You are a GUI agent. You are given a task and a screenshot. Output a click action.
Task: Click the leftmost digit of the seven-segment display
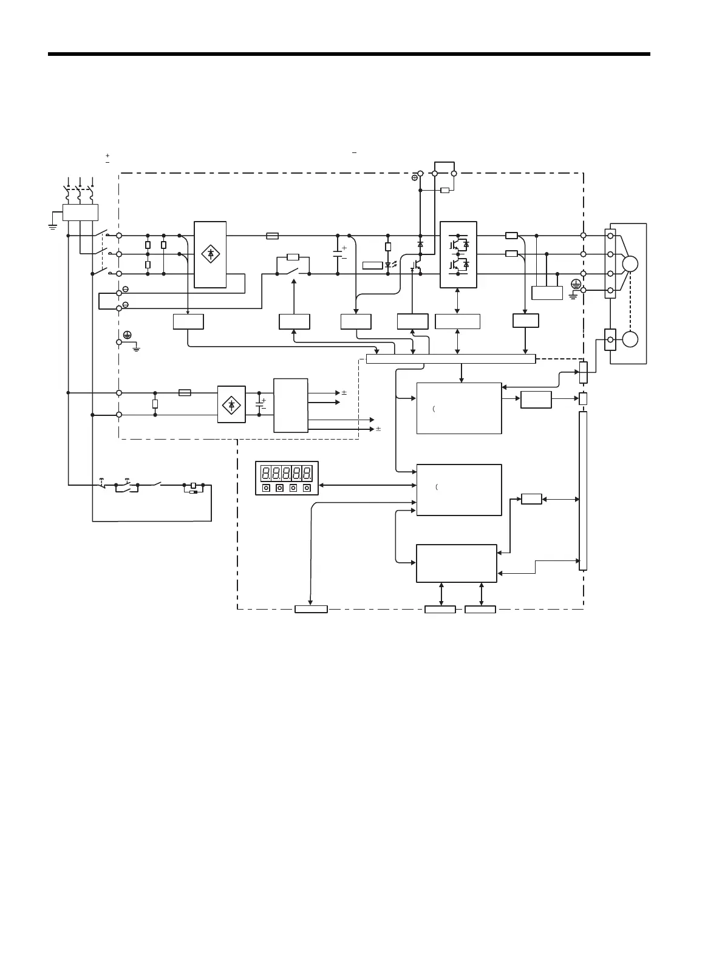(x=265, y=473)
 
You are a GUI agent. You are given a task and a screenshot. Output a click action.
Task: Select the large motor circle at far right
(x=630, y=264)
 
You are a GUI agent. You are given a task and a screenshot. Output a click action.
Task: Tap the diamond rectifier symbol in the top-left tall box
(x=210, y=254)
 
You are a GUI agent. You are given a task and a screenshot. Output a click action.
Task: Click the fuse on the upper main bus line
(x=273, y=235)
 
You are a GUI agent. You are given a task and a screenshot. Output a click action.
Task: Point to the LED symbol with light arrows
(x=389, y=265)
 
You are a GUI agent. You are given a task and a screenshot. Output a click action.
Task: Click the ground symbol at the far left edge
(x=53, y=226)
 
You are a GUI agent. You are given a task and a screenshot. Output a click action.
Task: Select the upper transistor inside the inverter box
(x=454, y=245)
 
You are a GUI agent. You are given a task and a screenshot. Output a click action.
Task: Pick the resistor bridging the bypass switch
(x=292, y=257)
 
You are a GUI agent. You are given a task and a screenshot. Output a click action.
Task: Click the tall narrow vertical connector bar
(x=583, y=491)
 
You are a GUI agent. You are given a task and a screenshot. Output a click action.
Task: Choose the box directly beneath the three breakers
(x=81, y=212)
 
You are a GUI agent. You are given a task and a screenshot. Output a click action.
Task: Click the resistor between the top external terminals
(x=444, y=190)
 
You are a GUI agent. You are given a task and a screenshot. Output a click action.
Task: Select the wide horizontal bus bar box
(x=451, y=359)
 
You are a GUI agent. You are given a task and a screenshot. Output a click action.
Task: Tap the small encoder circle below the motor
(x=630, y=339)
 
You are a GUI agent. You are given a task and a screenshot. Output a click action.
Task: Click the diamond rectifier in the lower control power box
(x=231, y=404)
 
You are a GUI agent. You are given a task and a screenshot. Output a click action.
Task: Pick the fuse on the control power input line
(x=185, y=393)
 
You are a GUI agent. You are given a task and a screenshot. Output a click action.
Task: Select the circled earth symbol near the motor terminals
(x=575, y=284)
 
